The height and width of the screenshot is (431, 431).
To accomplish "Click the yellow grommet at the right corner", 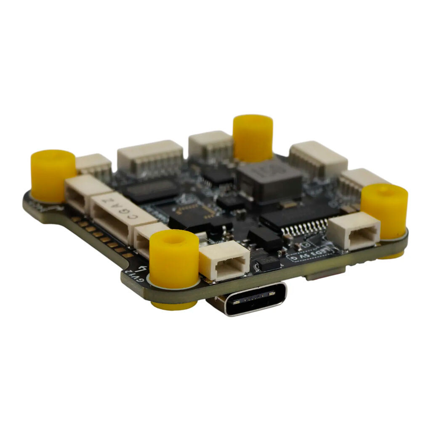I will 384,210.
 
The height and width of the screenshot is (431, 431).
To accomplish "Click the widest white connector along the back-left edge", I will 150,157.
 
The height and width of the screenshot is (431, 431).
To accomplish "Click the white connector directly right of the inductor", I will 318,160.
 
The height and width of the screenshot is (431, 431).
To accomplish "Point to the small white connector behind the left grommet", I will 94,166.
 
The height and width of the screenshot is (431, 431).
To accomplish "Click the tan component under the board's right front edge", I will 324,274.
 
